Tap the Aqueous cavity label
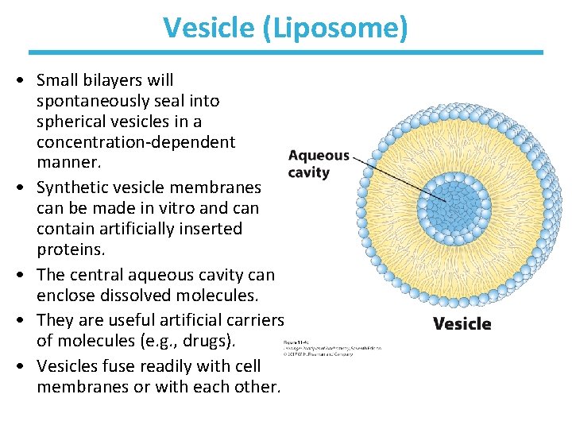318,164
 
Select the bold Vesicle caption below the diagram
462,323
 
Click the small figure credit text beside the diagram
332,347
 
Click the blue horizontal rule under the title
286,52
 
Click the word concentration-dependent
136,142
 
